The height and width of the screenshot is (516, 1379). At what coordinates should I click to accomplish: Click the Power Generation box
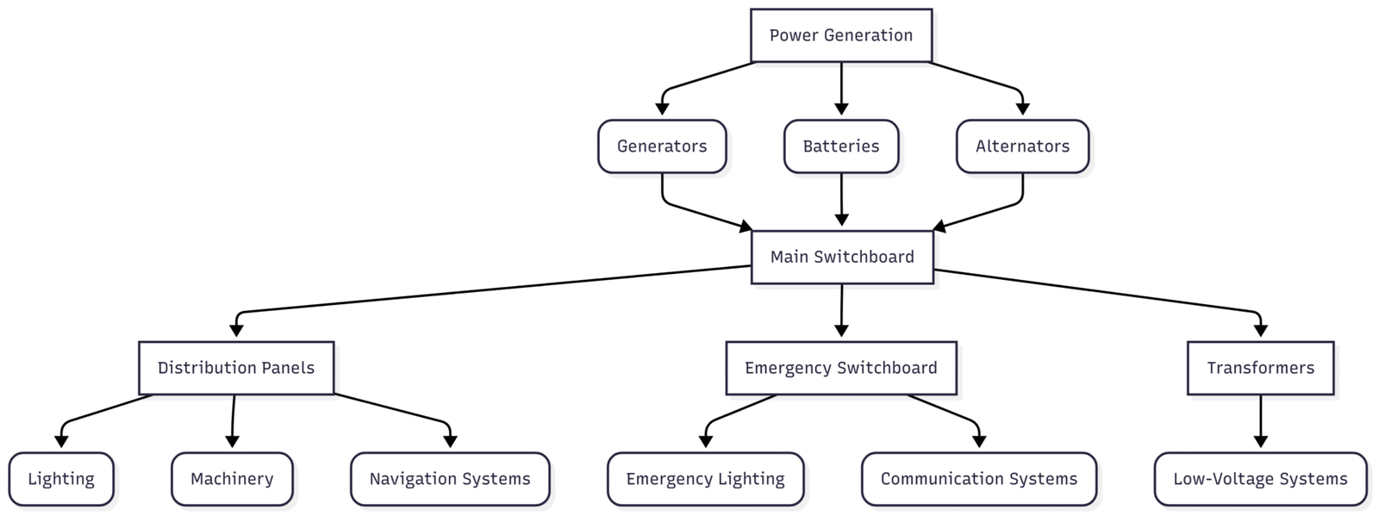point(840,35)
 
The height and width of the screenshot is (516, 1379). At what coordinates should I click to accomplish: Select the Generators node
point(662,146)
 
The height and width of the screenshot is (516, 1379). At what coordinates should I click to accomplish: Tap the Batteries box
point(840,146)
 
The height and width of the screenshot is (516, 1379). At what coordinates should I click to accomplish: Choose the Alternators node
point(1022,146)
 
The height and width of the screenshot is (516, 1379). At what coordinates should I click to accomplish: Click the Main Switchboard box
point(841,257)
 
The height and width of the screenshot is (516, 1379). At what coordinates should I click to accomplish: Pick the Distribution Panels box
point(236,368)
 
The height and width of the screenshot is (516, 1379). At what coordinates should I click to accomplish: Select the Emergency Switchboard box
point(840,368)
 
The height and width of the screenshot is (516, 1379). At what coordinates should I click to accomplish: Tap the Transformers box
point(1260,368)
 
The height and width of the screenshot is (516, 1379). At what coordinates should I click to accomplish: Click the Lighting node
point(61,479)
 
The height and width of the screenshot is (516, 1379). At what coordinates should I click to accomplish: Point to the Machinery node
point(232,479)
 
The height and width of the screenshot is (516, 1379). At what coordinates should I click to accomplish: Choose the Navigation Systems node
point(450,479)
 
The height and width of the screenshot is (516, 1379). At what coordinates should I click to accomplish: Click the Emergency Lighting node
point(705,479)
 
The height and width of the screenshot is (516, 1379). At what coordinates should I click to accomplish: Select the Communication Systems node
point(978,479)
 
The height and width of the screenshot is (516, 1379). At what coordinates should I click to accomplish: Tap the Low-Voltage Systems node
point(1260,479)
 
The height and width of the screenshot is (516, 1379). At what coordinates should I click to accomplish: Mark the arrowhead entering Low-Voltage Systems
point(1260,442)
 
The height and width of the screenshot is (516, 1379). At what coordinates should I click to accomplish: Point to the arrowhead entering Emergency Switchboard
point(841,331)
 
